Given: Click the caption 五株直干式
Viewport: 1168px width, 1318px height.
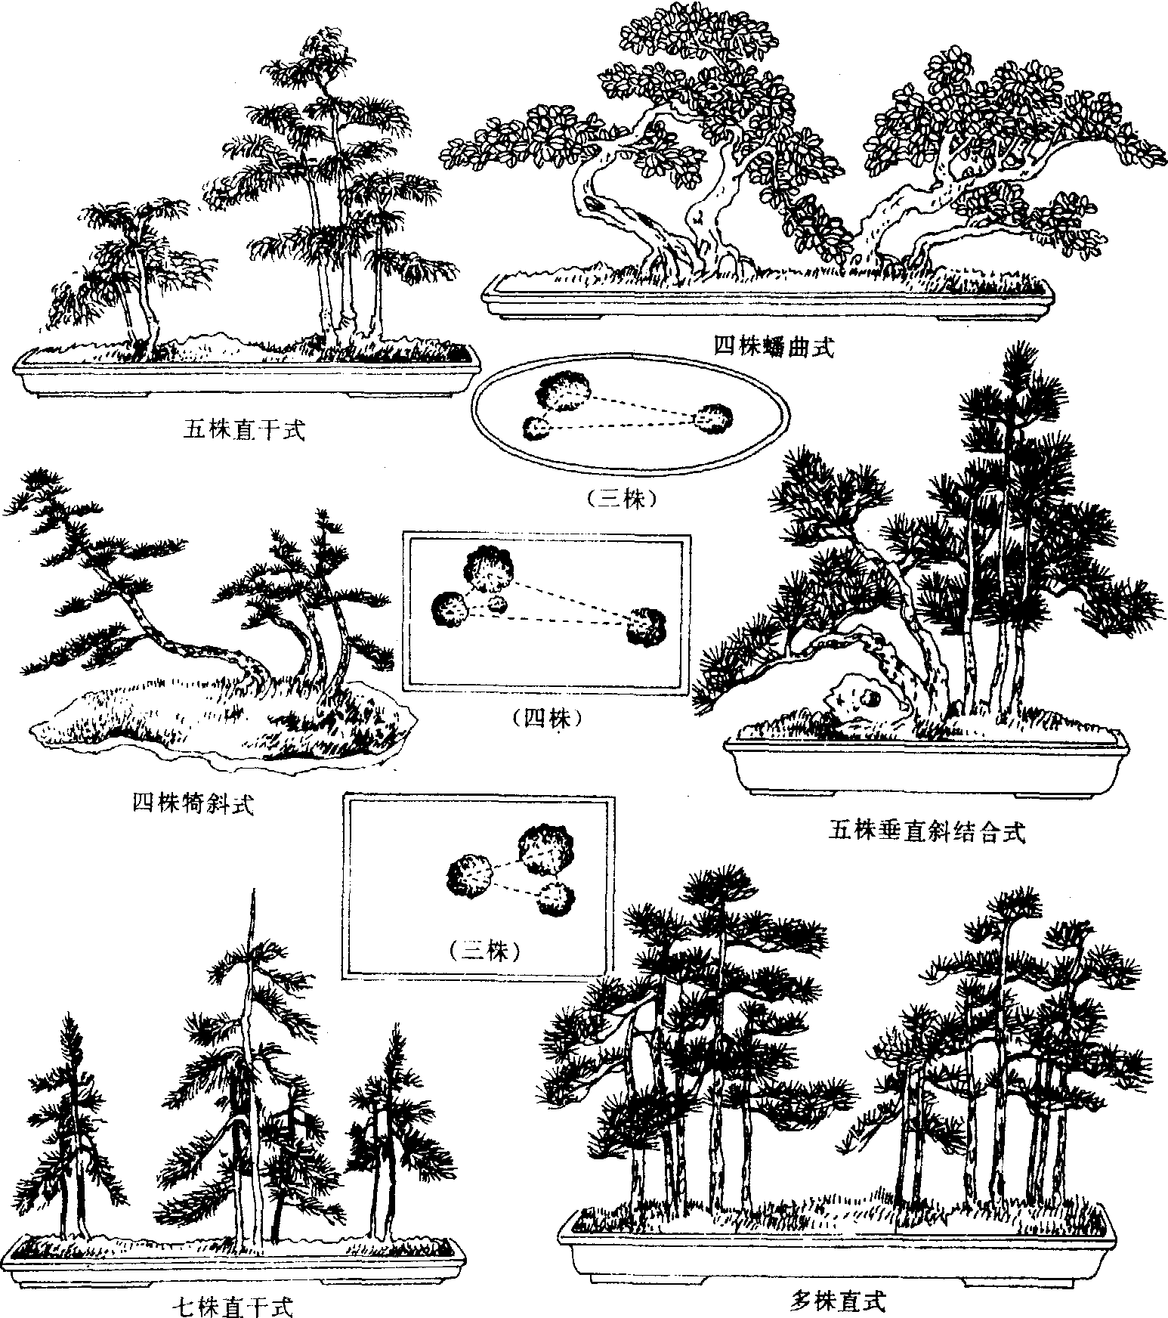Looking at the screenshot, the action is pyautogui.click(x=243, y=431).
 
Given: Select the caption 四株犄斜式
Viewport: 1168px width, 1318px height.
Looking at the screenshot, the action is pyautogui.click(x=193, y=803).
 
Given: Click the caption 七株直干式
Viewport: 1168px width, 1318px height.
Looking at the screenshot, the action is pyautogui.click(x=232, y=1305).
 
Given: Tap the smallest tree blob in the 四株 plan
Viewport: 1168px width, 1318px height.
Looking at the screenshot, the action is pyautogui.click(x=496, y=604).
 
